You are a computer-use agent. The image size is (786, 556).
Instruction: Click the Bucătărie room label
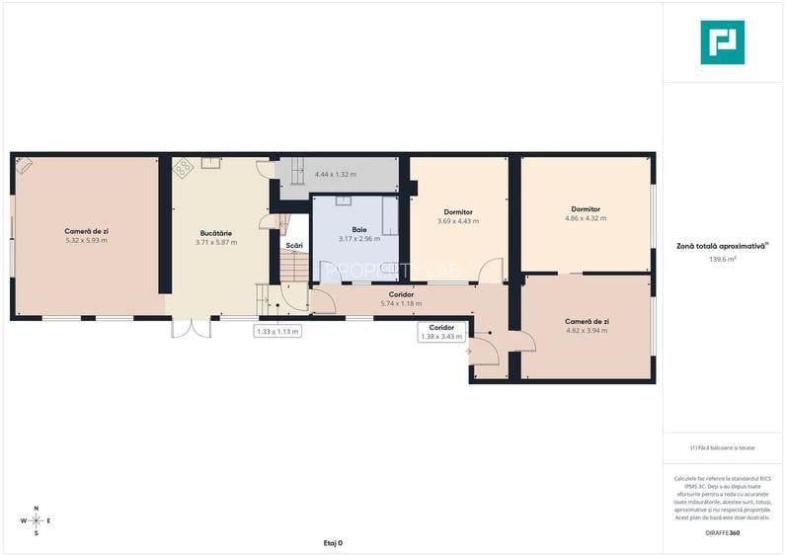[x=214, y=233]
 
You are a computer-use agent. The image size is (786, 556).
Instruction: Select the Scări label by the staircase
[x=294, y=245]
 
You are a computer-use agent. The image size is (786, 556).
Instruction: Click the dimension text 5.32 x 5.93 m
[x=86, y=241]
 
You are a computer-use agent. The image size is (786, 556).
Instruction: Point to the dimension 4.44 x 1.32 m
[x=336, y=175]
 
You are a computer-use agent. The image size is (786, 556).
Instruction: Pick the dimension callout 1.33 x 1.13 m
[x=277, y=332]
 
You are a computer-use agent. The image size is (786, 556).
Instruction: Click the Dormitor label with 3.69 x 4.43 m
[x=457, y=212]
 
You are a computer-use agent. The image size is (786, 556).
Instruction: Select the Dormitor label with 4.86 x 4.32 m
[x=586, y=209]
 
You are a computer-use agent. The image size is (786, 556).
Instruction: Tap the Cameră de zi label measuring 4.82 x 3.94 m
[x=587, y=321]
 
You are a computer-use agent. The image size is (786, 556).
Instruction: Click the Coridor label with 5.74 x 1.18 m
[x=401, y=294]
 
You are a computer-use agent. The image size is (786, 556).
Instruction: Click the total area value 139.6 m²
[x=723, y=260]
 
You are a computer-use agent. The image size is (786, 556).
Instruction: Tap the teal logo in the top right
[x=722, y=42]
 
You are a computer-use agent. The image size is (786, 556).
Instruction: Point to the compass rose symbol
[x=37, y=519]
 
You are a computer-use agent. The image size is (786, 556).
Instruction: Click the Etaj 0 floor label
[x=332, y=543]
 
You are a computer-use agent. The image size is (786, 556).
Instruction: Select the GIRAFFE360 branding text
[x=722, y=533]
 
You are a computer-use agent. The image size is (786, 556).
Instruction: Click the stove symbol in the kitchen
[x=184, y=169]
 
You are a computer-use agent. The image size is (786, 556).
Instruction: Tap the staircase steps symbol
[x=293, y=266]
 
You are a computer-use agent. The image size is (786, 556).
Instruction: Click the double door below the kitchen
[x=191, y=327]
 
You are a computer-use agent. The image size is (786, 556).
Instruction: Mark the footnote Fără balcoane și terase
[x=722, y=447]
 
